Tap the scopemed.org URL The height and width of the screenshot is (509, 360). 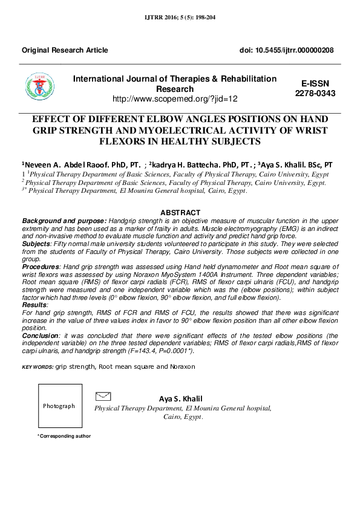click(175, 98)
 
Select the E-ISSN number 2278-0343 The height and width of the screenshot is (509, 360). click(315, 94)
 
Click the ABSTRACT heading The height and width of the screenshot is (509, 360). click(180, 213)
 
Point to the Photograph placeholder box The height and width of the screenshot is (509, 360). click(59, 406)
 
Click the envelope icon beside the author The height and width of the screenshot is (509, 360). click(103, 396)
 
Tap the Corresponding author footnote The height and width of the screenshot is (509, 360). click(64, 436)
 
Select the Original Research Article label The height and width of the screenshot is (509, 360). click(65, 50)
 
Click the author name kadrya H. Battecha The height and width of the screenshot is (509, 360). click(188, 164)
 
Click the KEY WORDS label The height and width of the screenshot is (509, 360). click(37, 367)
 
